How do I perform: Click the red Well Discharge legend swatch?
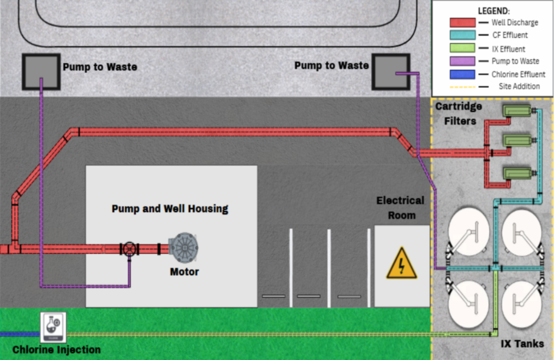[463, 22]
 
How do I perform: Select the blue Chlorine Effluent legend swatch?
[463, 74]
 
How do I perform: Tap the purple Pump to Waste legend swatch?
[463, 61]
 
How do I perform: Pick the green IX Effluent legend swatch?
[463, 48]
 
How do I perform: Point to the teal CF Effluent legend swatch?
[463, 35]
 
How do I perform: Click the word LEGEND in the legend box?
[493, 11]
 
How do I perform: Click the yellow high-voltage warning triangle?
[402, 263]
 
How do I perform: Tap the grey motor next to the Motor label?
[183, 247]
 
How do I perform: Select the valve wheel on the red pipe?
[129, 249]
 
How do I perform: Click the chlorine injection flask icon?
[53, 327]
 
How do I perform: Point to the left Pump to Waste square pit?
[41, 72]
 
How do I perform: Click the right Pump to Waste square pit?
[391, 72]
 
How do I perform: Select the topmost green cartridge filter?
[517, 111]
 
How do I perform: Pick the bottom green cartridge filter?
[517, 173]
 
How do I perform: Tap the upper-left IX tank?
[469, 232]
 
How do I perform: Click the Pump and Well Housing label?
[170, 209]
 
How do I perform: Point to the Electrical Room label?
[401, 208]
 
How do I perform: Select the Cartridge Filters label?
[459, 114]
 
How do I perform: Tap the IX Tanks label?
[522, 344]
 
